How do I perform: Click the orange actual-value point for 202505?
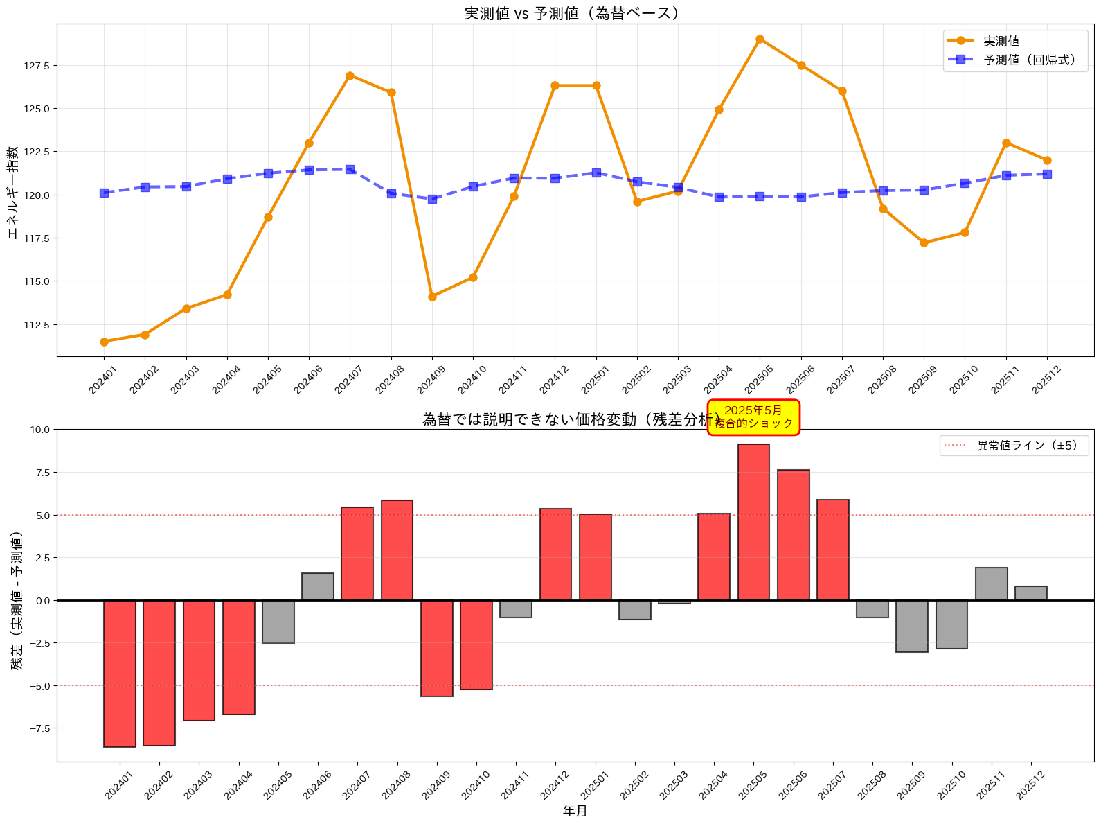click(760, 40)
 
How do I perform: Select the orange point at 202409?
click(432, 297)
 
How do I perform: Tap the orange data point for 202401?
click(104, 342)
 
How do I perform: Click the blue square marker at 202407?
click(350, 169)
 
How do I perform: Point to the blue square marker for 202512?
click(1047, 174)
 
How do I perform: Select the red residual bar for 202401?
click(120, 673)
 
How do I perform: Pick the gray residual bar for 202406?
click(318, 586)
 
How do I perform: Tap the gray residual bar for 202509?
click(912, 626)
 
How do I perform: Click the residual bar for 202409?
click(437, 648)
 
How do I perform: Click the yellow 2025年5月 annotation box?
click(753, 417)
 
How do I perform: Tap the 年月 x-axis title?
click(575, 811)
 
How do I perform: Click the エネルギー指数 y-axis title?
click(13, 192)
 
